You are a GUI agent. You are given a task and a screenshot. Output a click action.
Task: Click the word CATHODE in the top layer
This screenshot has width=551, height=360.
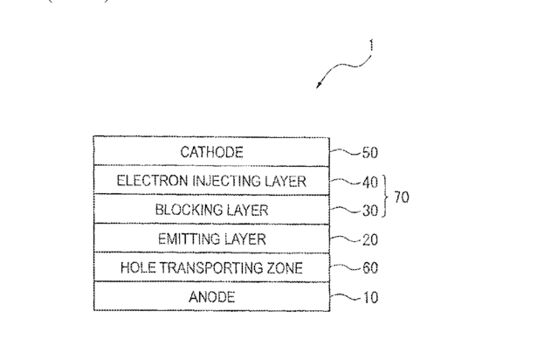pos(211,152)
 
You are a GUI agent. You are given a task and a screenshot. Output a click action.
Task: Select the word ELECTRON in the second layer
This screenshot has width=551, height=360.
pos(148,181)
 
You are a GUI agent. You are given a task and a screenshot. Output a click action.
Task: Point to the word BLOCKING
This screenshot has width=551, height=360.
pos(183,210)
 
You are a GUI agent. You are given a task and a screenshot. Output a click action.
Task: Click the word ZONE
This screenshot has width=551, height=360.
pos(281,267)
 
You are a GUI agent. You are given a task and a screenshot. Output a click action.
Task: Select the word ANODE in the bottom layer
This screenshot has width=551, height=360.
pos(211,297)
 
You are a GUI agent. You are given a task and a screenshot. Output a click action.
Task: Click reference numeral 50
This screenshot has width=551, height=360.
pos(370,153)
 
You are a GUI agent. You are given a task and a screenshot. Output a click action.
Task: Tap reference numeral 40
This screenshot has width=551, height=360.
pos(370,182)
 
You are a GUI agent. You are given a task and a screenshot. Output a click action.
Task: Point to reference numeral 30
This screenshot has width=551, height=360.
pos(370,210)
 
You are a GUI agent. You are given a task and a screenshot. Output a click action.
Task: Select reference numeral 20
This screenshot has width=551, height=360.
pos(370,239)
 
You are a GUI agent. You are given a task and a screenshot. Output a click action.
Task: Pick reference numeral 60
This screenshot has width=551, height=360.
pos(370,267)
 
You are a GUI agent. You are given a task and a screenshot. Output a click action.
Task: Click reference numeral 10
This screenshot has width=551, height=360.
pos(370,297)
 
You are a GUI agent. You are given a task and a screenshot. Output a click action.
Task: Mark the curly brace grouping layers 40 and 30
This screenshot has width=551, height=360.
pos(386,196)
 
